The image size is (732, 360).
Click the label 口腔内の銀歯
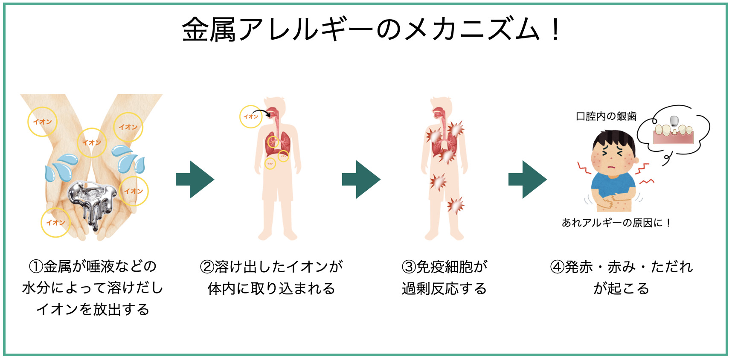click(606, 116)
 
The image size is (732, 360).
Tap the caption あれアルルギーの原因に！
click(616, 223)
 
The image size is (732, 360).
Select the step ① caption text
click(93, 288)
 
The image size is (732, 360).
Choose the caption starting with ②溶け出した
click(271, 278)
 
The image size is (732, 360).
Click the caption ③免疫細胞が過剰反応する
click(444, 278)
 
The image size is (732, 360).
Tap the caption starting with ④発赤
click(621, 278)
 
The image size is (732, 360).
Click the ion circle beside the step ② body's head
click(251, 116)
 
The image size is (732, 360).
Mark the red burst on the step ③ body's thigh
click(456, 205)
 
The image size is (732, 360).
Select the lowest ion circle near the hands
click(55, 222)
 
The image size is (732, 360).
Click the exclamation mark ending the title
click(555, 30)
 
